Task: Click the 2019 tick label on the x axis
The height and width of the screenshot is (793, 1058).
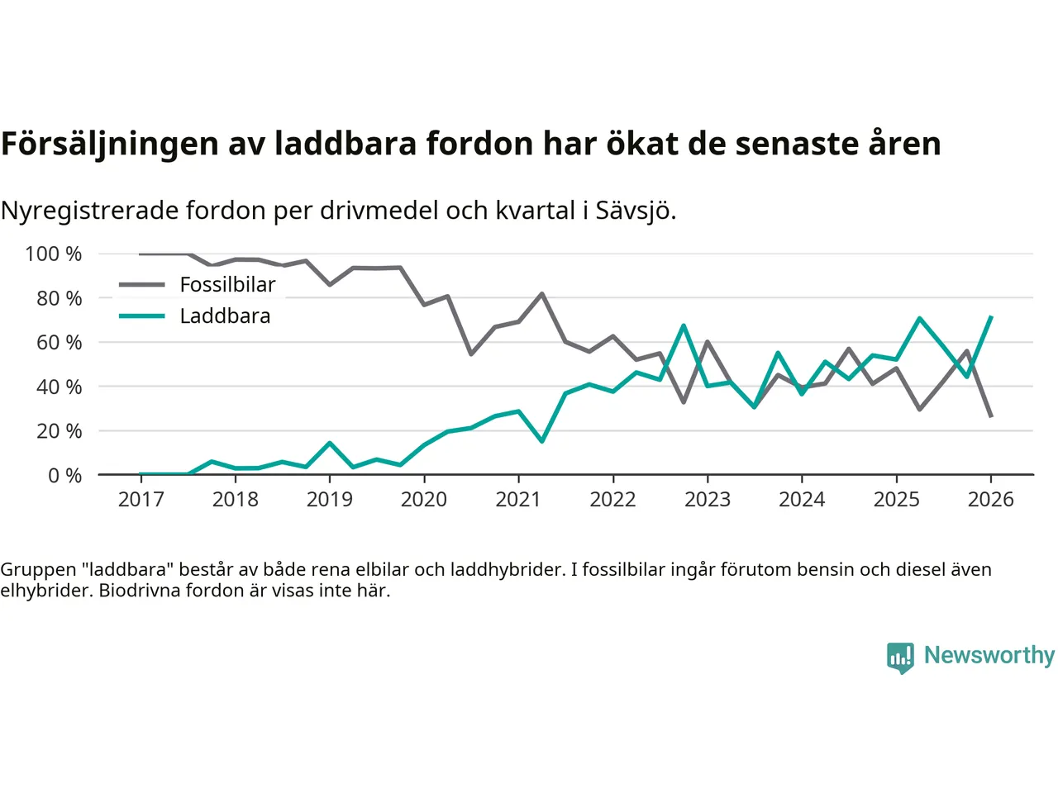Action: click(330, 499)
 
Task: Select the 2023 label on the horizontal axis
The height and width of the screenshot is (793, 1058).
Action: click(708, 499)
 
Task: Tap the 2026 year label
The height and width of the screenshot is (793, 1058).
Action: click(990, 499)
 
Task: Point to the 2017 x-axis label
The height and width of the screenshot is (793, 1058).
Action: click(141, 499)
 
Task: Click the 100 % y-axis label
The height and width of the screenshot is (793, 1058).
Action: click(54, 254)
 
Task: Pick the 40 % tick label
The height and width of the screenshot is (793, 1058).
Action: click(59, 387)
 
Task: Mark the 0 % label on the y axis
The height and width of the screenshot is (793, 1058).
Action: click(64, 475)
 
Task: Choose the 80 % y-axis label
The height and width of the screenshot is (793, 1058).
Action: click(59, 298)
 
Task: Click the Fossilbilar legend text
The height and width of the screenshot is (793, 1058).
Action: click(227, 285)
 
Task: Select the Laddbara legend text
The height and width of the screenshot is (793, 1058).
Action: click(225, 316)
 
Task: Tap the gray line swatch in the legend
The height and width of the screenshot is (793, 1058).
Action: click(142, 285)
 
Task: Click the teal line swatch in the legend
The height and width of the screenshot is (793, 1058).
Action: click(142, 316)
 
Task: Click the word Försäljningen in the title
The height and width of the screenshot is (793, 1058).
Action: click(110, 144)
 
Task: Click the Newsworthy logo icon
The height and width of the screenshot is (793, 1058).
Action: click(900, 658)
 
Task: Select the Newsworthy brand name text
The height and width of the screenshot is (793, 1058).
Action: click(989, 655)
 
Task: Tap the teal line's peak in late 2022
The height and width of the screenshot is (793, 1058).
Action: click(684, 325)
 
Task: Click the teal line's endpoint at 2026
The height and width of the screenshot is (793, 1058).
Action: click(991, 316)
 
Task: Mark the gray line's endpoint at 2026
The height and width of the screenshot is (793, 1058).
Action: click(991, 416)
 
